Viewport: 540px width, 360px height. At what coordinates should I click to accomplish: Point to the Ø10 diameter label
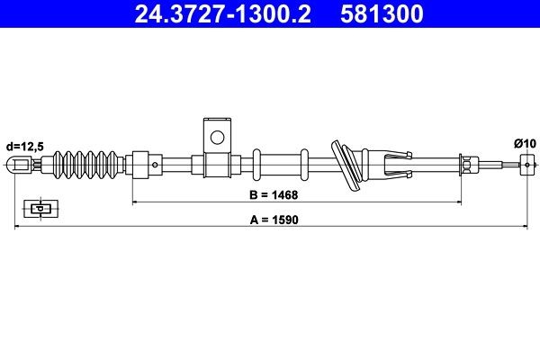(x=524, y=142)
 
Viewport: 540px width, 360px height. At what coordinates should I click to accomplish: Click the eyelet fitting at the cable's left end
(x=21, y=165)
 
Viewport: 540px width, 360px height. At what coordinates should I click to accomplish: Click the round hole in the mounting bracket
(x=216, y=138)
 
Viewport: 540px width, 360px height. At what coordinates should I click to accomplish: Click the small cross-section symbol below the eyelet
(x=38, y=209)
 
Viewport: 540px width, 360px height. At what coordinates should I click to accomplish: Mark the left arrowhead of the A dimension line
(x=19, y=229)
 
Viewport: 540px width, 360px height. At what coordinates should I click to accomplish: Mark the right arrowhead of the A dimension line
(x=524, y=229)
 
